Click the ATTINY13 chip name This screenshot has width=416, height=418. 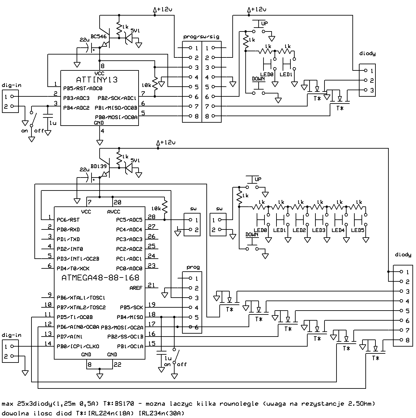point(97,80)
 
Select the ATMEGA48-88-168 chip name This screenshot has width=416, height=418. point(100,278)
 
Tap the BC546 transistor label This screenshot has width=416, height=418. point(98,36)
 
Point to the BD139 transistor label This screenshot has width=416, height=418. point(98,166)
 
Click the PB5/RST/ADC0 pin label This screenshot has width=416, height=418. point(83,89)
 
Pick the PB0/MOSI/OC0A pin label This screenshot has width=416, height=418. point(116,117)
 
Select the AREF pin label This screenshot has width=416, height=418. point(136,288)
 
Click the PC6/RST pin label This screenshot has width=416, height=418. point(68,220)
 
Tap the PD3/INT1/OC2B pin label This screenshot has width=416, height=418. point(78,259)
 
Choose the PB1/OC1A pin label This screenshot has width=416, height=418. point(130,346)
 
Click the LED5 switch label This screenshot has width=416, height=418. point(358,230)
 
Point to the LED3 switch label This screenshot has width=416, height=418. point(319,230)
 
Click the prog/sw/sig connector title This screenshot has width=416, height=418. point(201,37)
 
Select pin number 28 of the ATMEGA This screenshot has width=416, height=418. point(152,217)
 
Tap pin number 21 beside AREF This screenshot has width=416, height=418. point(152,285)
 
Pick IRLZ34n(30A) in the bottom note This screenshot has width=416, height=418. point(161,413)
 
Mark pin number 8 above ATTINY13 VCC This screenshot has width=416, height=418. point(103,66)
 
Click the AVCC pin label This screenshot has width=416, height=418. point(114,212)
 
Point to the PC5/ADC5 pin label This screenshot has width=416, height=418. point(129,220)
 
